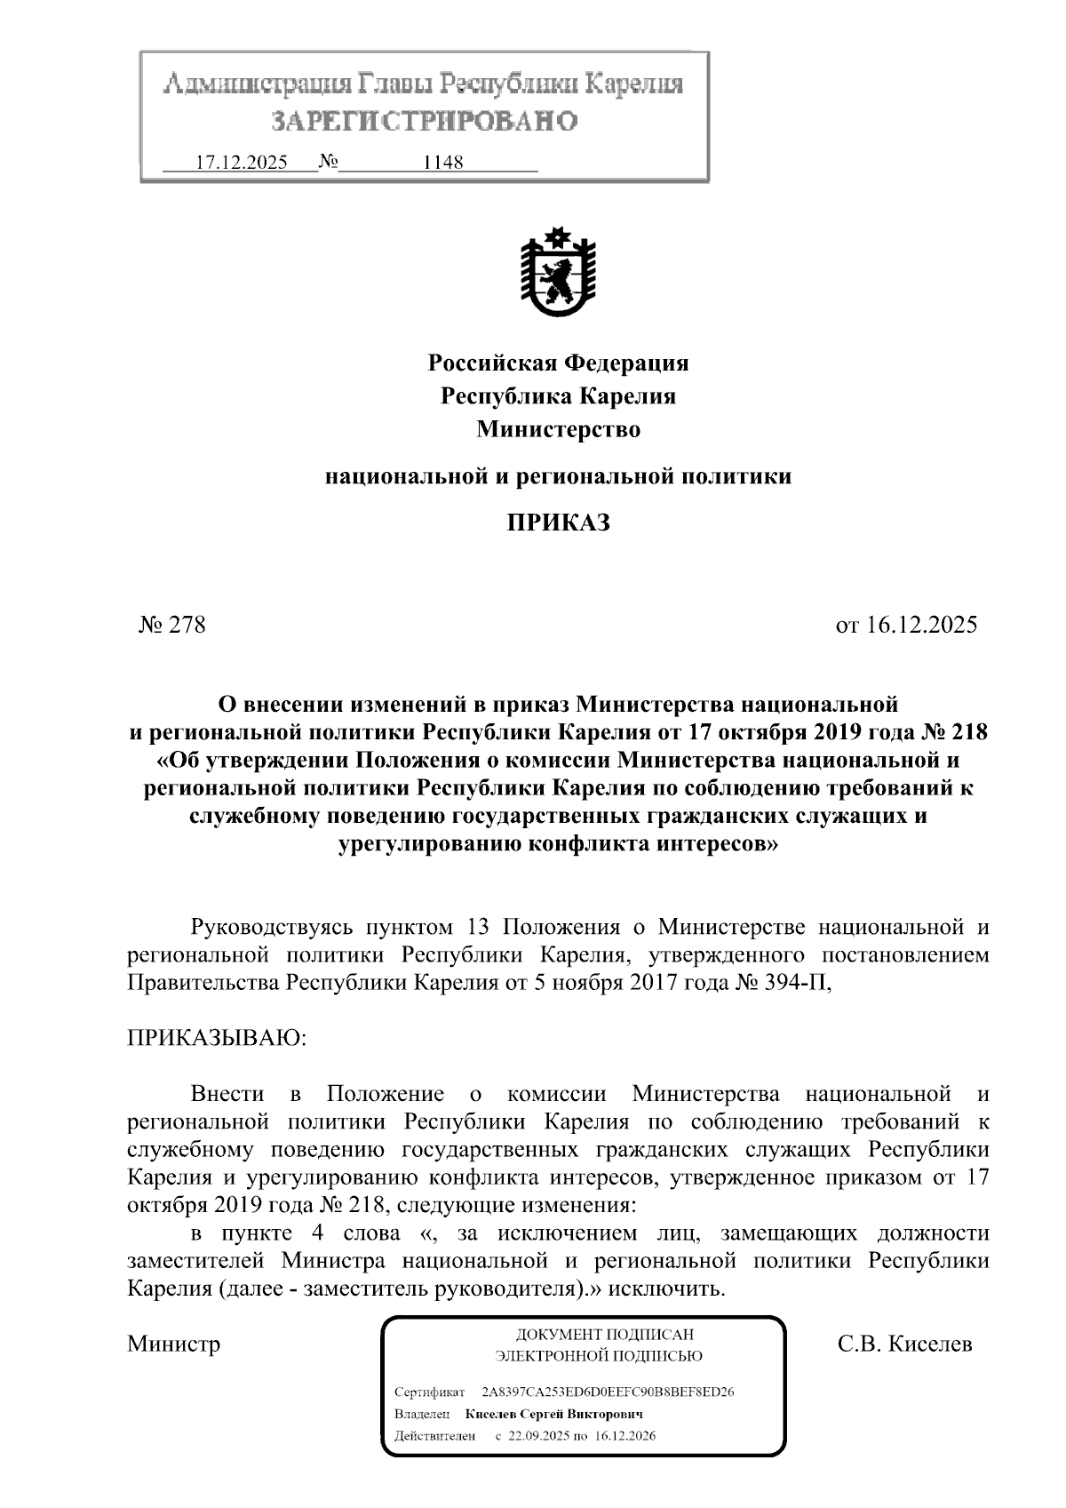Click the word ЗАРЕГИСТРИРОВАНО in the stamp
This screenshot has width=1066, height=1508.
coord(424,120)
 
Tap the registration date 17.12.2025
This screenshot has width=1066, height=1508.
coord(241,163)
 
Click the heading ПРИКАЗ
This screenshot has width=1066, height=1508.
coord(558,523)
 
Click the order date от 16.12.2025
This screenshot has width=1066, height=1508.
coord(905,625)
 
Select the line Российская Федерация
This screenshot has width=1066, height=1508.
coord(558,363)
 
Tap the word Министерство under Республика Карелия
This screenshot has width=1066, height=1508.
coord(558,429)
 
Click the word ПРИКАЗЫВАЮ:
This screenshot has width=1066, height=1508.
coord(216,1038)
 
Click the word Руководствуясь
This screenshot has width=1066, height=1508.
coord(274,928)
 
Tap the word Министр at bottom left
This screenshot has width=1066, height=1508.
coord(173,1343)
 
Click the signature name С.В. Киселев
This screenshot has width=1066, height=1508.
coord(904,1343)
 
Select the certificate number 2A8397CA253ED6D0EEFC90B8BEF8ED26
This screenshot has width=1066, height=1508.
coord(607,1391)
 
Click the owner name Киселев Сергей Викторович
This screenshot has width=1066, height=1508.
coord(553,1413)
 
